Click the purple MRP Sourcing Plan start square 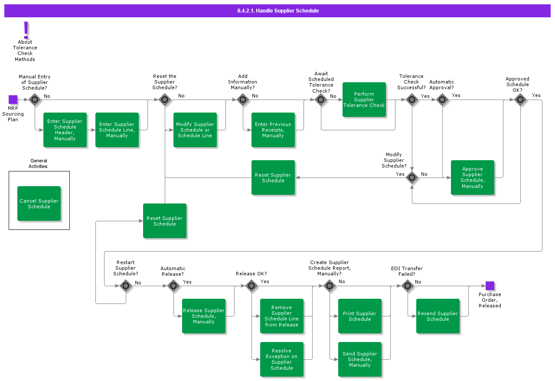(13, 100)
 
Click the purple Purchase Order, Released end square (490, 286)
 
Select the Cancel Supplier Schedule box (39, 203)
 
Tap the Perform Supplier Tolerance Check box (364, 100)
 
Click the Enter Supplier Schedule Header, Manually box (65, 130)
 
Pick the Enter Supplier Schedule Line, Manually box (117, 130)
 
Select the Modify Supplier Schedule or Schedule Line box (195, 130)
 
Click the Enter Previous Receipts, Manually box (273, 130)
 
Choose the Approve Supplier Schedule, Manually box (473, 178)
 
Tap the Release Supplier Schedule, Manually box (204, 316)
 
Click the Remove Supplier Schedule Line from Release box (282, 316)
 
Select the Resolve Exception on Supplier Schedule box (282, 359)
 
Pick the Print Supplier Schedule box (360, 316)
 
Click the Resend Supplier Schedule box (438, 316)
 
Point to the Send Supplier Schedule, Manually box (360, 359)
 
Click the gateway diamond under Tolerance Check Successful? (412, 100)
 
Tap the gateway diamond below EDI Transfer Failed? (407, 286)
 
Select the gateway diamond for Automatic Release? (173, 286)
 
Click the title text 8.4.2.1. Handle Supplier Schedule (277, 11)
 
